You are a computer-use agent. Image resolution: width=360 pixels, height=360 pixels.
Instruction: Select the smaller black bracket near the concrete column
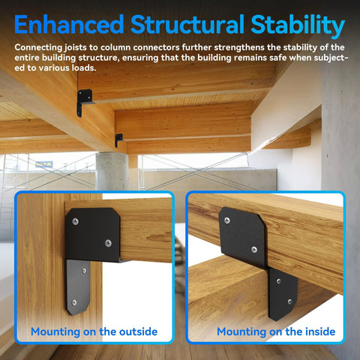[118, 139]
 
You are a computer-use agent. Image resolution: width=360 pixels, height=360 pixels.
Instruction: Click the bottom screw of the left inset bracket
[74, 301]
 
